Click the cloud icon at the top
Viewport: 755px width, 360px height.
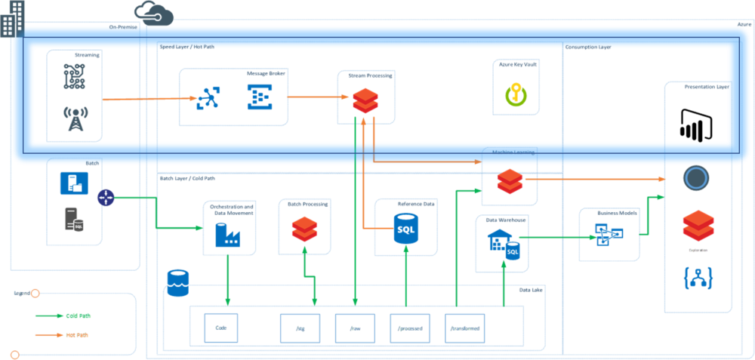click(154, 13)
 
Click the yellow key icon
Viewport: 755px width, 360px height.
click(515, 94)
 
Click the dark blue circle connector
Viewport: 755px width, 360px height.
click(106, 198)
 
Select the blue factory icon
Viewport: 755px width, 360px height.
click(226, 235)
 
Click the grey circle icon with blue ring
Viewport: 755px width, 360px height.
click(695, 178)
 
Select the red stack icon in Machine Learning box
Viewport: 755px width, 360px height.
click(510, 182)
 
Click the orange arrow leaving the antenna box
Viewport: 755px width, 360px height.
click(143, 98)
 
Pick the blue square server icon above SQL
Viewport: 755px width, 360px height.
click(74, 183)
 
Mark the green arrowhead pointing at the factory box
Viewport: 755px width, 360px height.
click(198, 227)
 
